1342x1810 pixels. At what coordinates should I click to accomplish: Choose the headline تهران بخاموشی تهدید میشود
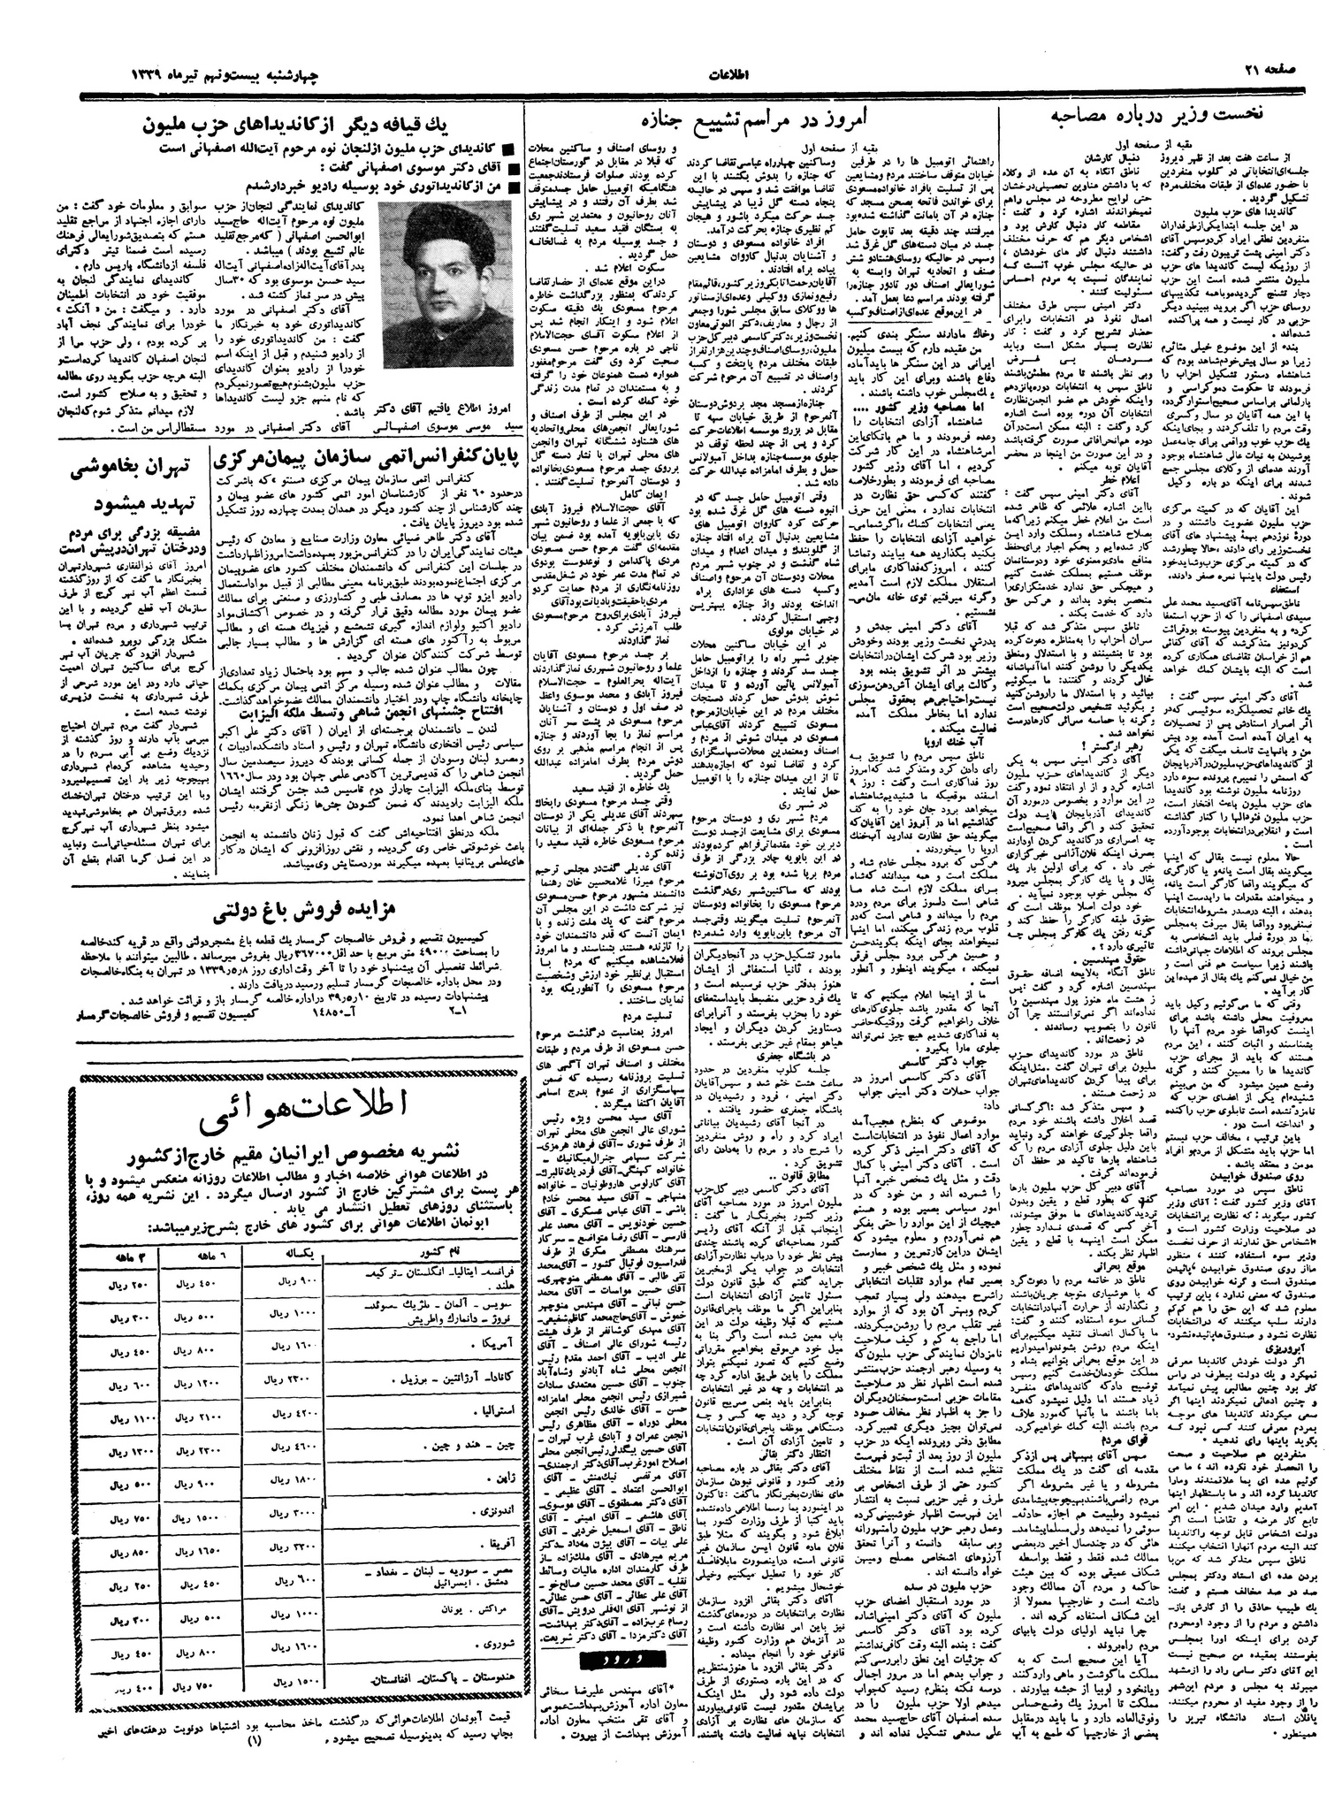[132, 487]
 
